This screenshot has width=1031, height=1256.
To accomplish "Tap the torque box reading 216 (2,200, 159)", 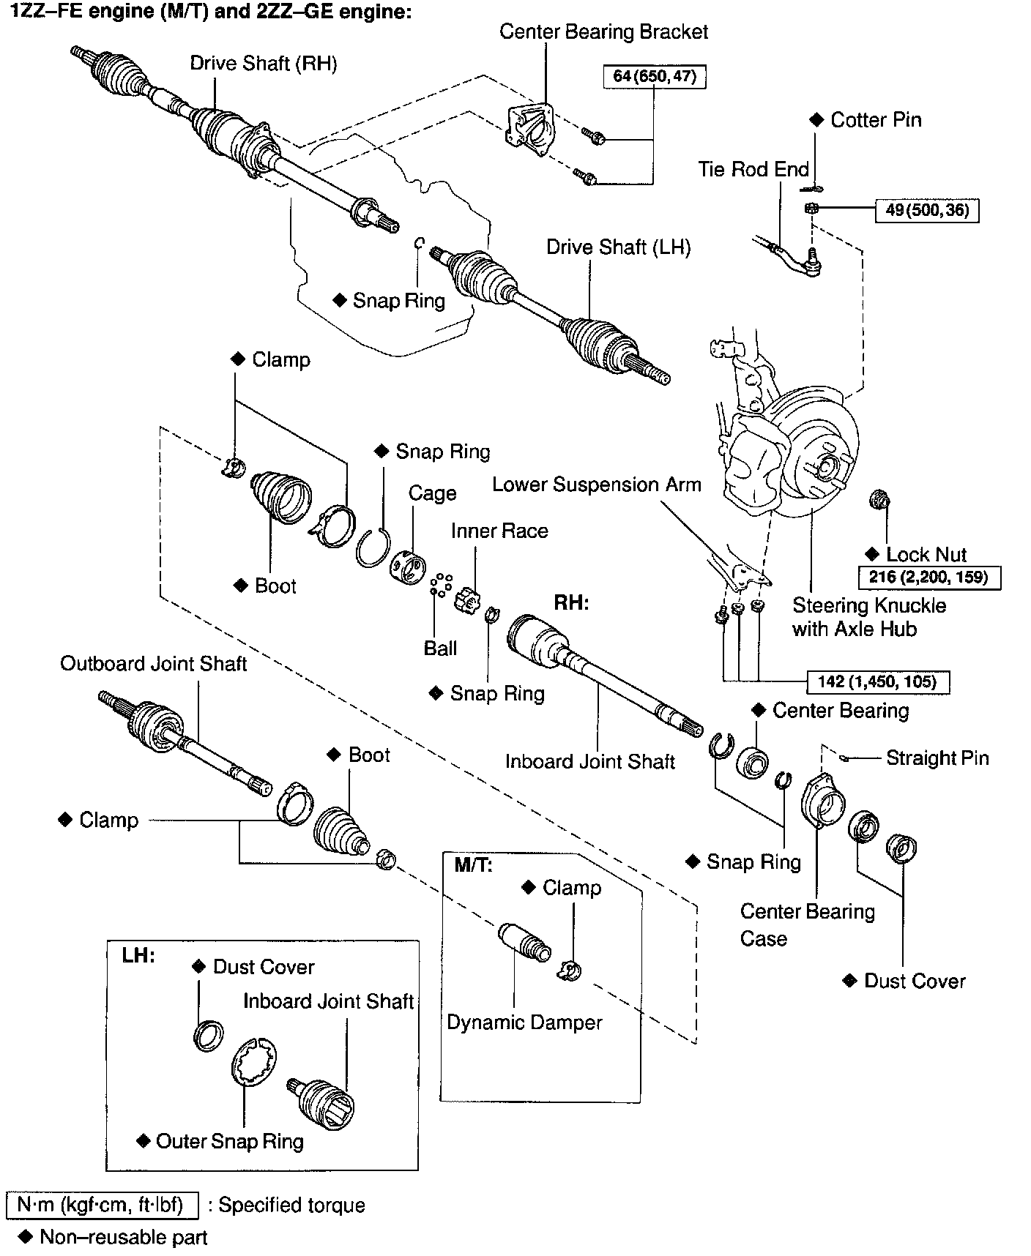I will (x=928, y=577).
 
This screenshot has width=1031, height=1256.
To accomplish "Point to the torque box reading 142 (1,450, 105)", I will (x=877, y=682).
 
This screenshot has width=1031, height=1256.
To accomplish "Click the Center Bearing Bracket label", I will (x=603, y=32).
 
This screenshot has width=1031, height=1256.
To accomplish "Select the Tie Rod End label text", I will (x=753, y=170).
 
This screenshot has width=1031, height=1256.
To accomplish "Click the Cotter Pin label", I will (x=875, y=120).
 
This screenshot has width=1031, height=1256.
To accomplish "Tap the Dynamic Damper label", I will (x=524, y=1023).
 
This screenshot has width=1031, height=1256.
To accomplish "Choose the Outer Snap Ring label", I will (x=229, y=1141).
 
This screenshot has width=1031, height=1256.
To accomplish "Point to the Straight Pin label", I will (x=937, y=758).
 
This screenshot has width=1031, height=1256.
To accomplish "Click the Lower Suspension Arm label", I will (x=596, y=485).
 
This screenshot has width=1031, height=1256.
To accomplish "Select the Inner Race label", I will (x=499, y=531).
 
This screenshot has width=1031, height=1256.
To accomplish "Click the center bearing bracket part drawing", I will (x=529, y=130).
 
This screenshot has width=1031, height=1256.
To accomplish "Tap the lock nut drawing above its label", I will (x=879, y=501).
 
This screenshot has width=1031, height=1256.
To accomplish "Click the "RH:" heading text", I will (x=571, y=602).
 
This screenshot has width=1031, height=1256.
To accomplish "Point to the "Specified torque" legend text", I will (x=291, y=1205).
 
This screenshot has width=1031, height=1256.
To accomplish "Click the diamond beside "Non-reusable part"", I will (x=26, y=1236).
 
